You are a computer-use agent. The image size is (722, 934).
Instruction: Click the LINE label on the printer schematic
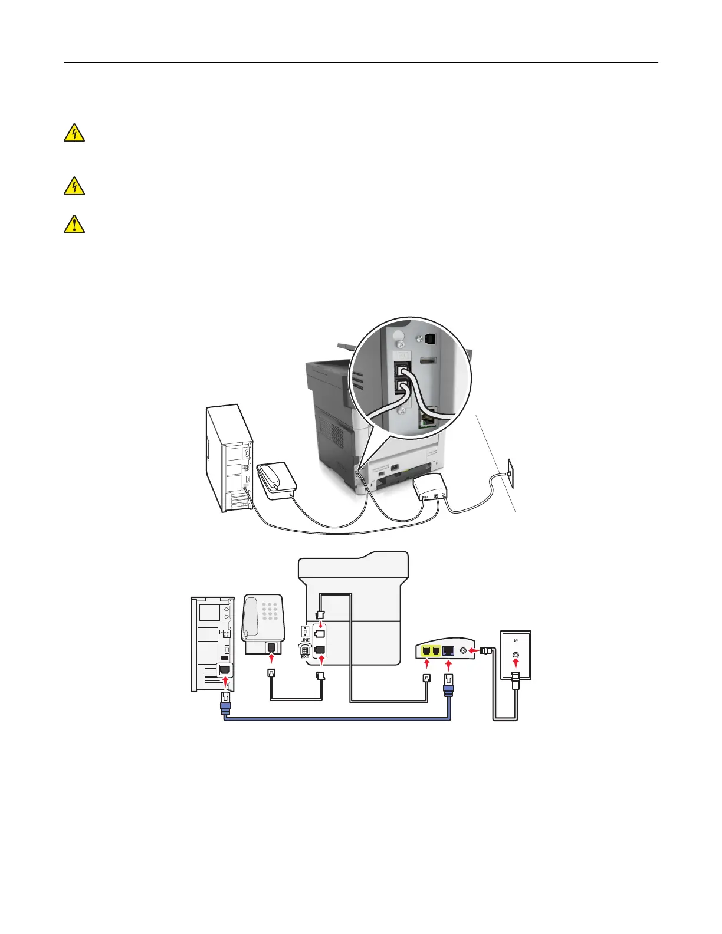click(305, 640)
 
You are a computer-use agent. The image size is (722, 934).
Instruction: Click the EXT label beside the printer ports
click(305, 657)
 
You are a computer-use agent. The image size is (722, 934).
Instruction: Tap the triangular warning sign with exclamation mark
click(74, 225)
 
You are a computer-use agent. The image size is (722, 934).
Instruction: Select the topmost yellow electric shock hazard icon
click(74, 133)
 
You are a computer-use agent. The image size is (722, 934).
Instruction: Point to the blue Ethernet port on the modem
click(448, 650)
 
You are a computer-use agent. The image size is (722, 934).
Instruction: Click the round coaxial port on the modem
click(464, 651)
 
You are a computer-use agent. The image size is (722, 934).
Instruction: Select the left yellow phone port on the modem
click(426, 651)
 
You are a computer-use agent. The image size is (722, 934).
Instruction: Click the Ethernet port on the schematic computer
click(225, 670)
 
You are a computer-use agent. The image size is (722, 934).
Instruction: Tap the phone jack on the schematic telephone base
click(271, 649)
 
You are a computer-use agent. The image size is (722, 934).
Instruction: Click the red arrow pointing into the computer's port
click(225, 682)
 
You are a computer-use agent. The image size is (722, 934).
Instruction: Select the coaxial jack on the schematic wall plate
click(516, 655)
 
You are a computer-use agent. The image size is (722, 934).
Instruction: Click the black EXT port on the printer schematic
click(319, 649)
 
